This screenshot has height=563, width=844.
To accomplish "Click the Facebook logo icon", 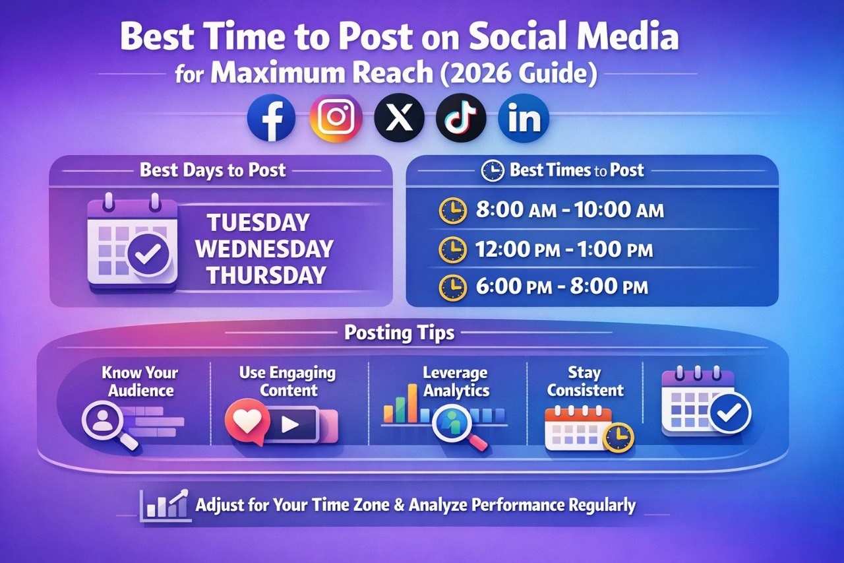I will click(x=271, y=118).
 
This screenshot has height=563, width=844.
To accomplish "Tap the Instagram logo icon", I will click(x=336, y=118).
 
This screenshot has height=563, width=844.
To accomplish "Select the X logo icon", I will click(x=398, y=118).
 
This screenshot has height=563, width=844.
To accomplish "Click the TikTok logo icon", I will click(x=461, y=118).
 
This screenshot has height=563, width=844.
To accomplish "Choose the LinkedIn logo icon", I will click(x=524, y=118).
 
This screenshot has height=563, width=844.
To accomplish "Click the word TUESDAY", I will click(x=258, y=222).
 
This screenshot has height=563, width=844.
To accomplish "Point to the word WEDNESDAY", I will click(x=264, y=249).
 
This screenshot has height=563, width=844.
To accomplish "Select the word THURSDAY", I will click(x=266, y=275).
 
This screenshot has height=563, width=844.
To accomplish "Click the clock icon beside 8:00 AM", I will click(x=452, y=211).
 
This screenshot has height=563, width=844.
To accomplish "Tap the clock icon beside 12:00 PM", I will click(x=452, y=249).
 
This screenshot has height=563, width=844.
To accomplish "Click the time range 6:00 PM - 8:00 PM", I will click(x=561, y=287).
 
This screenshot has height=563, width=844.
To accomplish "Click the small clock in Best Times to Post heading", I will click(x=493, y=171).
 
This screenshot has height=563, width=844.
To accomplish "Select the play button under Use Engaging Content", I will click(x=291, y=424).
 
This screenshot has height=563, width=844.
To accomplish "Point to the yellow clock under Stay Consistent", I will click(x=618, y=436).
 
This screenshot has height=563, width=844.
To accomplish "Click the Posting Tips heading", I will click(x=399, y=333).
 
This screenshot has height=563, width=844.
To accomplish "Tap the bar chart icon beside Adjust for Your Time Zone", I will click(x=164, y=505).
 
